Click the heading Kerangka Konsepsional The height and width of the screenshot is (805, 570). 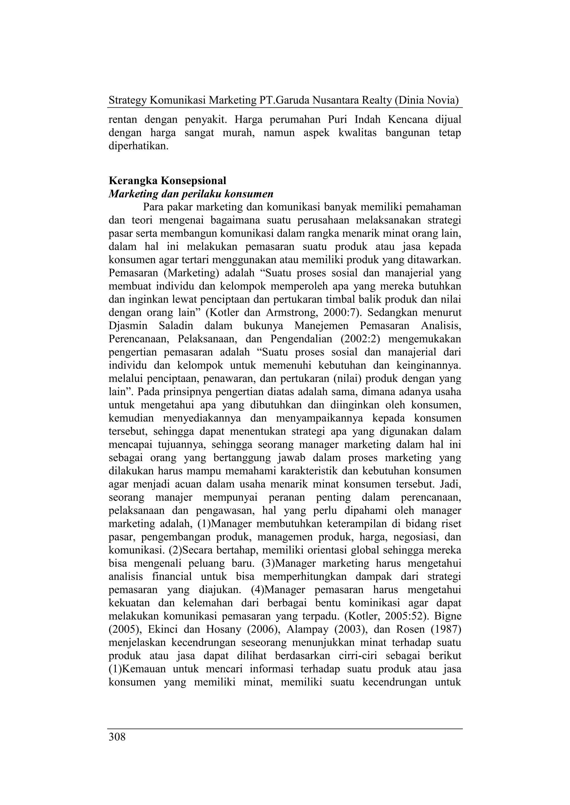pos(168,181)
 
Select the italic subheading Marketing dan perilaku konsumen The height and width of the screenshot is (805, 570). pos(191,194)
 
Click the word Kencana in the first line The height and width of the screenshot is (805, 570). pos(407,120)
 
